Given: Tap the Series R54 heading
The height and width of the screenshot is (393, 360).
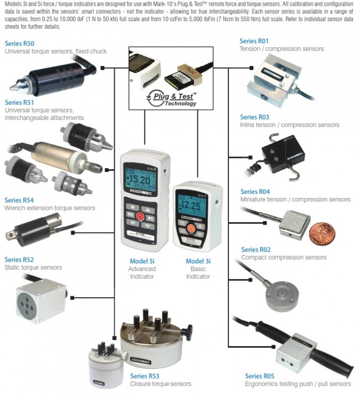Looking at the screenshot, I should point(19,200).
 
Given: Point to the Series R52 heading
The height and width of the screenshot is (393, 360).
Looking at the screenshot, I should point(19,260).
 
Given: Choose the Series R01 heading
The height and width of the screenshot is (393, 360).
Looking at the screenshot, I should point(254,41).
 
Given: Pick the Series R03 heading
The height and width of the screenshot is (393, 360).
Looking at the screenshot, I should point(255,117).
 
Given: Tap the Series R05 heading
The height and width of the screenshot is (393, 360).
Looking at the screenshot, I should point(261,377).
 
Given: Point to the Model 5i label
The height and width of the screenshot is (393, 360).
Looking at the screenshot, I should point(141,261).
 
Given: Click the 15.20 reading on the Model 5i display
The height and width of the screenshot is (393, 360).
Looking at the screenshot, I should point(140,180).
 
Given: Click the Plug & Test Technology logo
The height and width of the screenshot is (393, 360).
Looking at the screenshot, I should point(171,98).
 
